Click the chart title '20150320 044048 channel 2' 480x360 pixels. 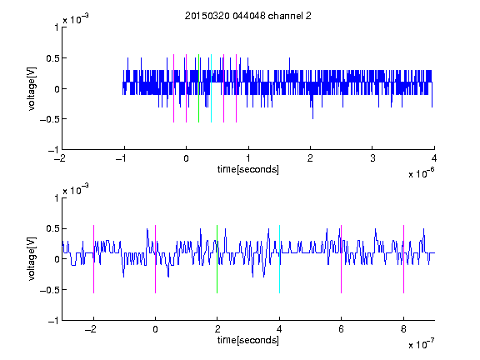click(248, 16)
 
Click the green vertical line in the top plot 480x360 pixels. click(198, 88)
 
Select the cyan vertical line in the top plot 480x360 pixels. click(211, 88)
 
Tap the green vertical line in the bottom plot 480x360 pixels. click(217, 259)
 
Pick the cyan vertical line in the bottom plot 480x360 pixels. click(279, 259)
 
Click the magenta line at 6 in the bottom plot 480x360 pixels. click(342, 259)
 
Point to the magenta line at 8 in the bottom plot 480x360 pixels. click(404, 259)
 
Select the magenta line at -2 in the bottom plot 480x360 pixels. click(93, 259)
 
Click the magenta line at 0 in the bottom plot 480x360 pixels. click(156, 259)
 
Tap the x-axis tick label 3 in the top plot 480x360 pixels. click(372, 158)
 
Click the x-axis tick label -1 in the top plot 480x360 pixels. click(122, 158)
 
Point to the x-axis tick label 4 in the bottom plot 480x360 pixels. click(279, 329)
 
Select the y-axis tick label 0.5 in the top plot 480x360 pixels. click(52, 58)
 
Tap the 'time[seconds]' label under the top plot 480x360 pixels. click(248, 169)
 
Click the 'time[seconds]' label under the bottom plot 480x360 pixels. click(248, 340)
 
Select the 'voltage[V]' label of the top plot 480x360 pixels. click(32, 88)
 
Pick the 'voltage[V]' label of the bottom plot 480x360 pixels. click(32, 259)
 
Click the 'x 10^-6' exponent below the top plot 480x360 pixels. click(421, 173)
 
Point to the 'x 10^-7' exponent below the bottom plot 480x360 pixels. click(421, 343)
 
